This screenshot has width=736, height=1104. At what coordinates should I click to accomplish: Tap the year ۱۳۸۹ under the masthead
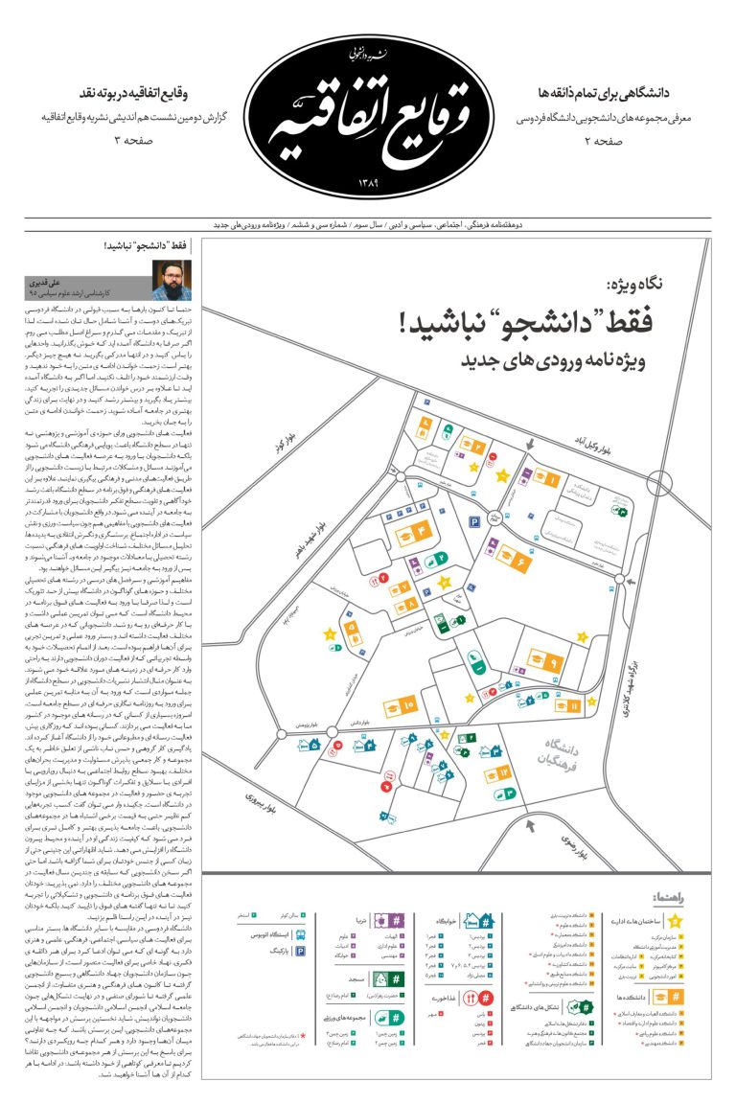368,182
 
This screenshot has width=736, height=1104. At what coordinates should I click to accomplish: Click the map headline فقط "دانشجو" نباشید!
526,322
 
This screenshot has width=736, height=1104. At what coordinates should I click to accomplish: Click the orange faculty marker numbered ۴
420,530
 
